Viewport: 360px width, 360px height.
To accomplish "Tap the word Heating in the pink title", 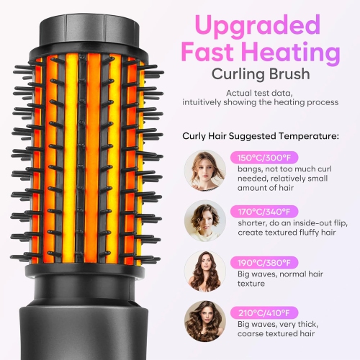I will (296, 53).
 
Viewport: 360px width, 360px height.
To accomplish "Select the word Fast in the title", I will (217, 53).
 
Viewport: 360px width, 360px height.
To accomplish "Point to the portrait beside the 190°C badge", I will (204, 271).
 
